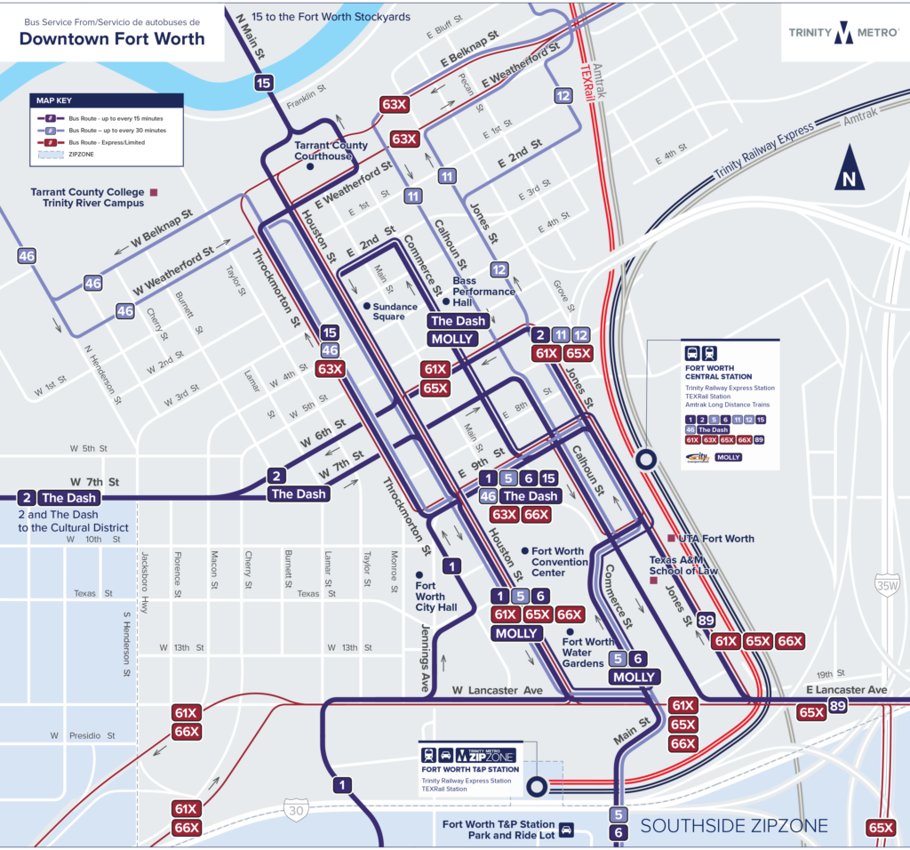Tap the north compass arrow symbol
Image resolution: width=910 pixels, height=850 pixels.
850,169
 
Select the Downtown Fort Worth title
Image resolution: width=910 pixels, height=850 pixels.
112,38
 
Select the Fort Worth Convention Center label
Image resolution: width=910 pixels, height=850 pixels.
560,561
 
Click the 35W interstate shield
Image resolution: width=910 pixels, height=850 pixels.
886,585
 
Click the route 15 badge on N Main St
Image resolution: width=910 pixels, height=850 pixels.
263,84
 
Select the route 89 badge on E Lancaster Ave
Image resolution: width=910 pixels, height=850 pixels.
837,707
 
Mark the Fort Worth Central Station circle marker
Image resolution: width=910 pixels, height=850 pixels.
646,460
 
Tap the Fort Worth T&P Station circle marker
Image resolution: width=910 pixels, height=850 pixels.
537,787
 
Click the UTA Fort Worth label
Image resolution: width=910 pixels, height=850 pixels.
715,538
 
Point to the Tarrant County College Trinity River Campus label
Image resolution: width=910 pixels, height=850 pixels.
87,196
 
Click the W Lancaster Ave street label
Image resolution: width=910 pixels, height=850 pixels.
496,690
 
